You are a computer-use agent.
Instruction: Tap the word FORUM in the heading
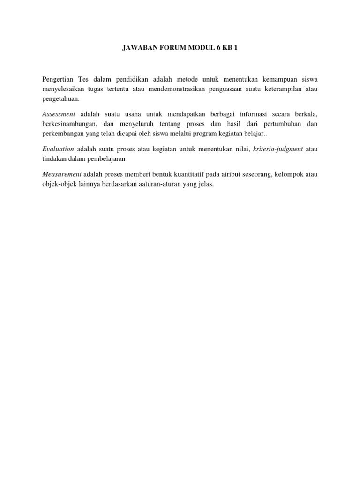click(174, 48)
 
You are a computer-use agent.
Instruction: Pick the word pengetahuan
click(61, 99)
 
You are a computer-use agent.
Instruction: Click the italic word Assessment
click(59, 114)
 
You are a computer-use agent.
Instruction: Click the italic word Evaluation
click(58, 149)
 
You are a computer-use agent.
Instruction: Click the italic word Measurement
click(61, 174)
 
